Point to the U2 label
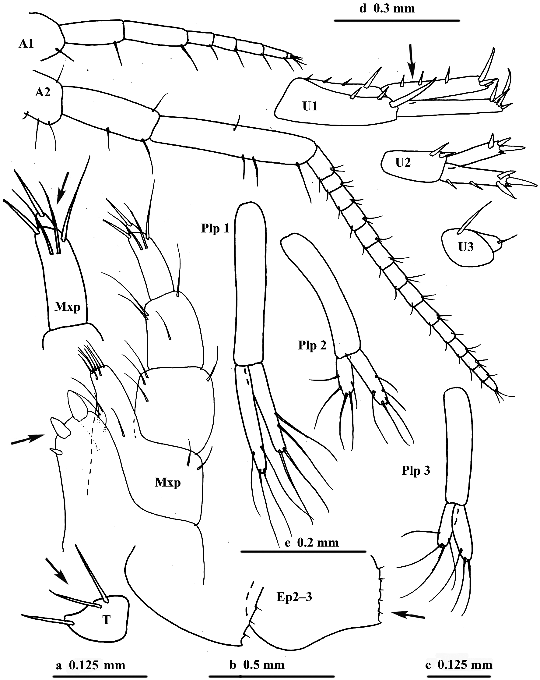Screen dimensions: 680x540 (403, 163)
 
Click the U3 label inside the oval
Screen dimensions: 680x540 (466, 247)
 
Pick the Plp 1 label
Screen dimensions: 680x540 (215, 228)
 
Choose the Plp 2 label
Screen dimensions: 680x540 (312, 346)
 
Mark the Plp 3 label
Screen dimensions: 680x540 (416, 471)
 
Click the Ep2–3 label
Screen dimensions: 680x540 (294, 597)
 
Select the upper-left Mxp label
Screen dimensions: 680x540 (67, 306)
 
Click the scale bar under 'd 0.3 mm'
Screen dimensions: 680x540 (397, 20)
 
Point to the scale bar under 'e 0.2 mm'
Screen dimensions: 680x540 (303, 552)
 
